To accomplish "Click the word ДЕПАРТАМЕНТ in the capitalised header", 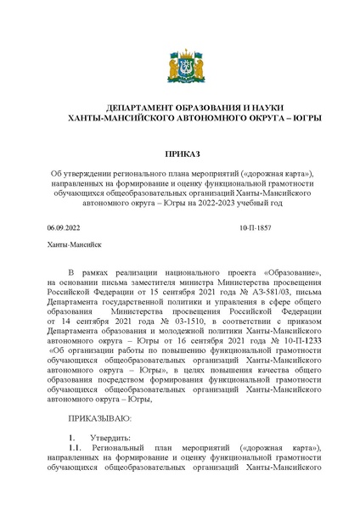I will [x=133, y=109].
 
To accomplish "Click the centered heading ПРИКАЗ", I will [x=179, y=154].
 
